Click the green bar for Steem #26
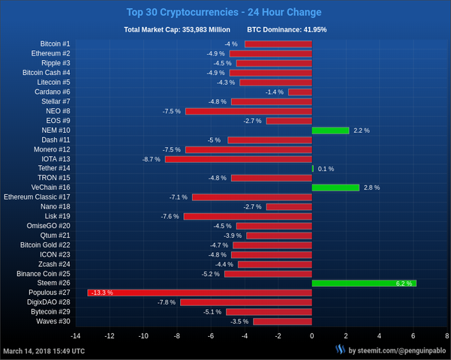pyautogui.click(x=364, y=283)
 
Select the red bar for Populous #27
pyautogui.click(x=200, y=292)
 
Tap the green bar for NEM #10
pyautogui.click(x=330, y=130)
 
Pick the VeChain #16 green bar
pyautogui.click(x=335, y=187)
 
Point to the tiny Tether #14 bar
pyautogui.click(x=313, y=169)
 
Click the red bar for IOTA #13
pyautogui.click(x=238, y=159)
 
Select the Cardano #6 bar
pyautogui.click(x=300, y=92)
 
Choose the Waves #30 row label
pyautogui.click(x=53, y=321)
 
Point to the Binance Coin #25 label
pyautogui.click(x=44, y=274)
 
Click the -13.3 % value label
pyautogui.click(x=101, y=292)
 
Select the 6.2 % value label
pyautogui.click(x=404, y=283)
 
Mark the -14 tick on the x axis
pyautogui.click(x=75, y=336)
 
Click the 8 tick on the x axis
pyautogui.click(x=447, y=336)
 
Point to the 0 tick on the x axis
pyautogui.click(x=312, y=336)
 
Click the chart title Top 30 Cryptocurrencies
pyautogui.click(x=224, y=12)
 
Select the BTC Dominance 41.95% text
pyautogui.click(x=287, y=30)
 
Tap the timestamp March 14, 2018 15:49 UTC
pyautogui.click(x=44, y=350)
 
